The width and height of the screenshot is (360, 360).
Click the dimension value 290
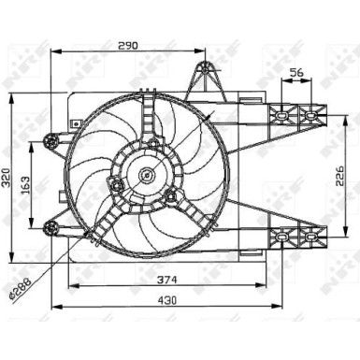point(127,46)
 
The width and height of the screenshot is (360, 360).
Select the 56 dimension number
point(296,73)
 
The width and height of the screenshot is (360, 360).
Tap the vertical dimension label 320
point(7,178)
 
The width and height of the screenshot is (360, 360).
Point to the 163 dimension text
point(25,185)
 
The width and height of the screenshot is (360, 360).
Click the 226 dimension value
point(340,176)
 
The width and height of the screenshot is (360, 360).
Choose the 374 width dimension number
point(166,280)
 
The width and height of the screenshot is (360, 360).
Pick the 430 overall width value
point(166,300)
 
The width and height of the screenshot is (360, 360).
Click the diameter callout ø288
point(21,289)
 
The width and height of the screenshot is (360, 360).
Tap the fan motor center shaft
point(146,175)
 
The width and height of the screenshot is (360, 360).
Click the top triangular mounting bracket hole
point(205,69)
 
